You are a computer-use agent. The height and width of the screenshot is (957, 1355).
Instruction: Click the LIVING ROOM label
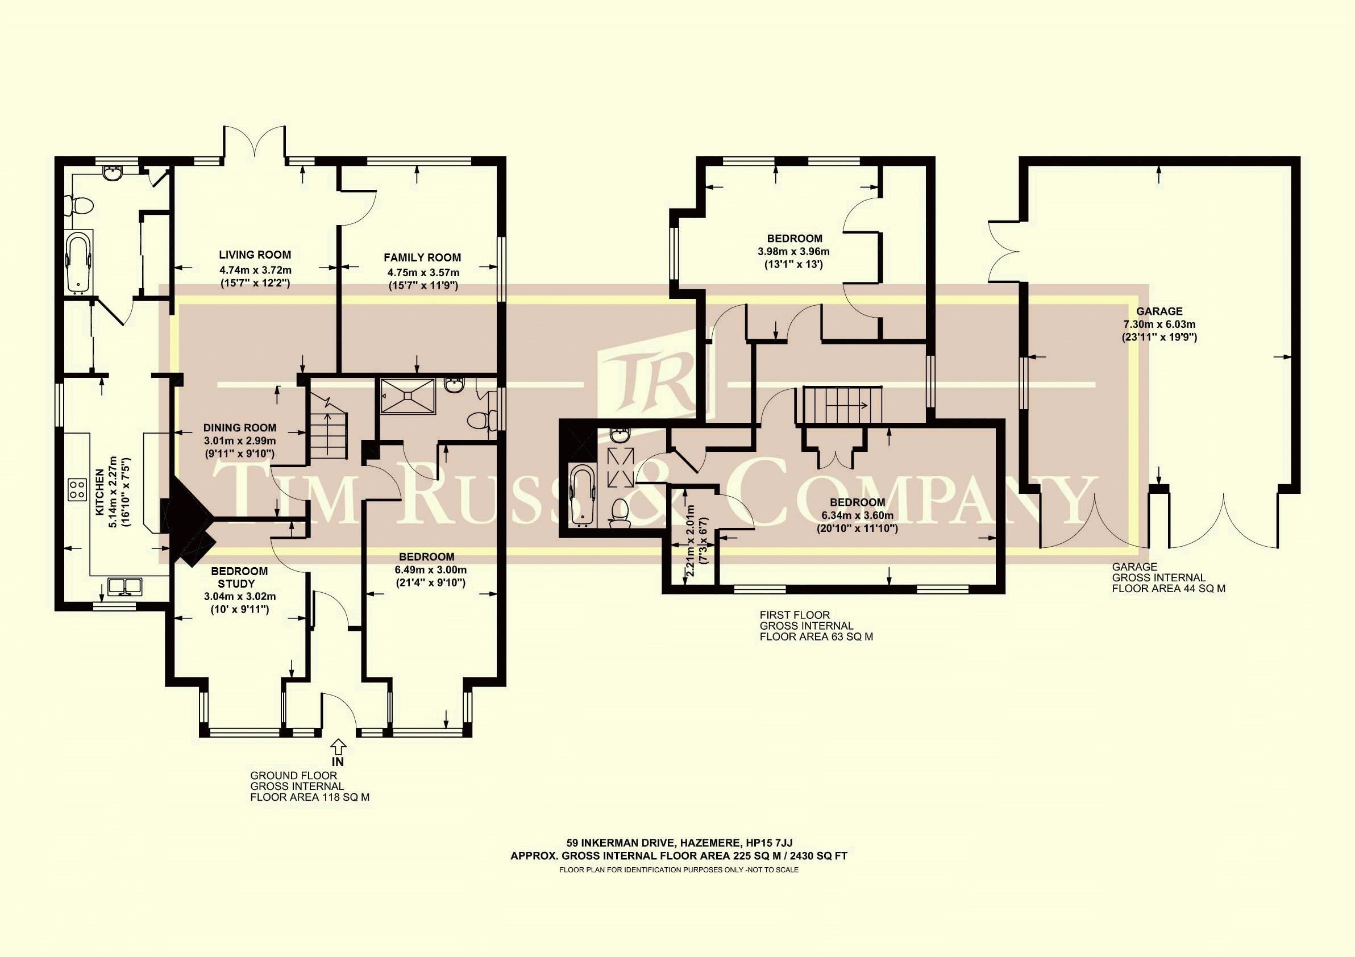pos(255,255)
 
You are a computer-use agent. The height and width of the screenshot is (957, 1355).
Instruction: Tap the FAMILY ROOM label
pos(422,257)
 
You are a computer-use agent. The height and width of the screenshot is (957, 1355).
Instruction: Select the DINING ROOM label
pos(240,428)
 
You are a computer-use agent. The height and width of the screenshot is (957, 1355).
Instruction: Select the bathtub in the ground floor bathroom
pos(78,262)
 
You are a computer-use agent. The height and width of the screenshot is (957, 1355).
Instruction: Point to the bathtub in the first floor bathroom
pos(583,494)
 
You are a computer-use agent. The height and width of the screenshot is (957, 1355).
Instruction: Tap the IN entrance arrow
pos(338,751)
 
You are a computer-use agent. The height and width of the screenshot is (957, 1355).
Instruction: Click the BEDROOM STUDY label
pos(240,577)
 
